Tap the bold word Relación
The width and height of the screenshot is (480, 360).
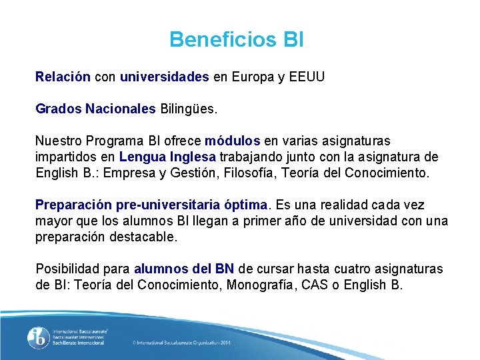click(63, 77)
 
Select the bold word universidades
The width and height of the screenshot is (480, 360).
click(165, 77)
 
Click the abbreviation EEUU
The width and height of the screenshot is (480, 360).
click(307, 77)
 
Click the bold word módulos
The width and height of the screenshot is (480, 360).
click(233, 141)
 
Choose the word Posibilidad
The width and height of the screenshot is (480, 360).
click(69, 269)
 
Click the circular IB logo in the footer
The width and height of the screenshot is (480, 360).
click(38, 338)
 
